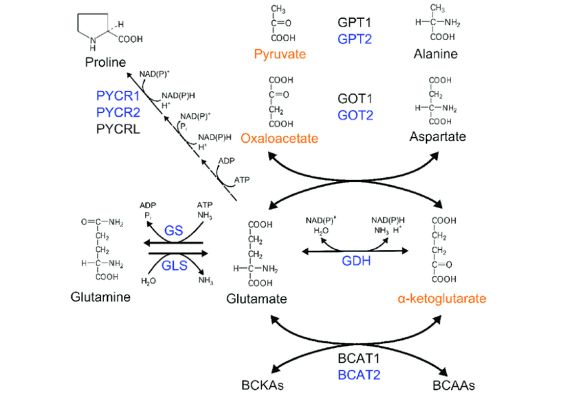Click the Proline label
[106, 62]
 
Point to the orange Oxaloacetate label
[280, 139]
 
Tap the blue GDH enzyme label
[356, 261]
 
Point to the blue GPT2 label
[354, 39]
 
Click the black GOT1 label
[354, 99]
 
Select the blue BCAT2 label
[358, 375]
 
